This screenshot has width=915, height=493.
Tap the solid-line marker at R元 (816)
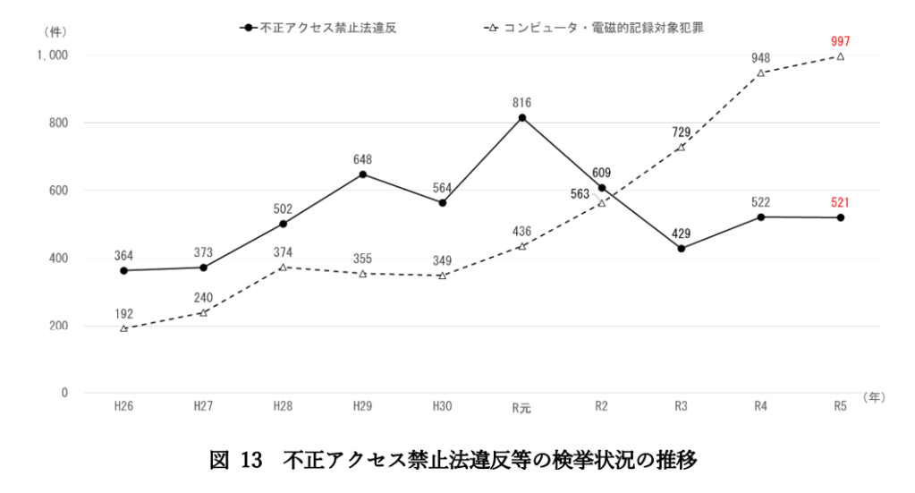522,117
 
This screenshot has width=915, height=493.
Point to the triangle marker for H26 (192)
124,328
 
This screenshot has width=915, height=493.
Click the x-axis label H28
284,406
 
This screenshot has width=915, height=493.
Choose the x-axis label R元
522,407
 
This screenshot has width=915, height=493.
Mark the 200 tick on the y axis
58,326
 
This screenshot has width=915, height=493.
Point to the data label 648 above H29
363,159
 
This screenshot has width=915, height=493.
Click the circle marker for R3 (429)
682,248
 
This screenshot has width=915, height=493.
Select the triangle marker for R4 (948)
761,73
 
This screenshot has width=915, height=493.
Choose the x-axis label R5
840,406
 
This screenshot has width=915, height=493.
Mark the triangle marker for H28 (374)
284,267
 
